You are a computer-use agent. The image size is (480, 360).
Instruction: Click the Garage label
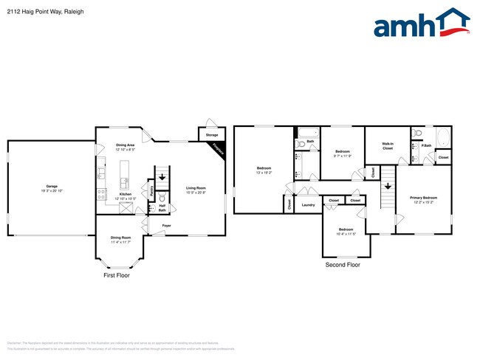pos(52,186)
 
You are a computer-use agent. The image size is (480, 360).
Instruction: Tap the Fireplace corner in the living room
pos(218,148)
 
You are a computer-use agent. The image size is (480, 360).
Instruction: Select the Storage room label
pos(212,135)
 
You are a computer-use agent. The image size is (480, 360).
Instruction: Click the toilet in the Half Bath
pos(162,199)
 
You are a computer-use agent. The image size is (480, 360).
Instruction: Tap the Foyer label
pos(167,226)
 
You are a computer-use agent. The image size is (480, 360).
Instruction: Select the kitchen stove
pos(101,194)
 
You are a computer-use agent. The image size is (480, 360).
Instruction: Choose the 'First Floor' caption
pos(117,274)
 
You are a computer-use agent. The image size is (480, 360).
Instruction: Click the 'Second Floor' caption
pos(343,264)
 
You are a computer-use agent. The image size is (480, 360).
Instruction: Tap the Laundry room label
pos(309,204)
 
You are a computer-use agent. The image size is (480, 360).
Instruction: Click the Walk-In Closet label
pos(387,146)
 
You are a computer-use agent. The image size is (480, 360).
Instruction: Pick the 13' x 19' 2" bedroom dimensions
pos(264,173)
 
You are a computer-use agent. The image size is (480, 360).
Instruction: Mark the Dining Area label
pos(126,145)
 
